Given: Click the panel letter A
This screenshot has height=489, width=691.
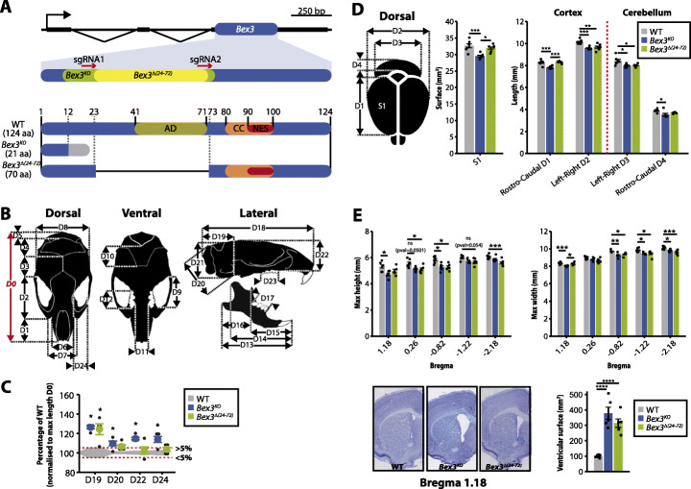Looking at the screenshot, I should pyautogui.click(x=8, y=9).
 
